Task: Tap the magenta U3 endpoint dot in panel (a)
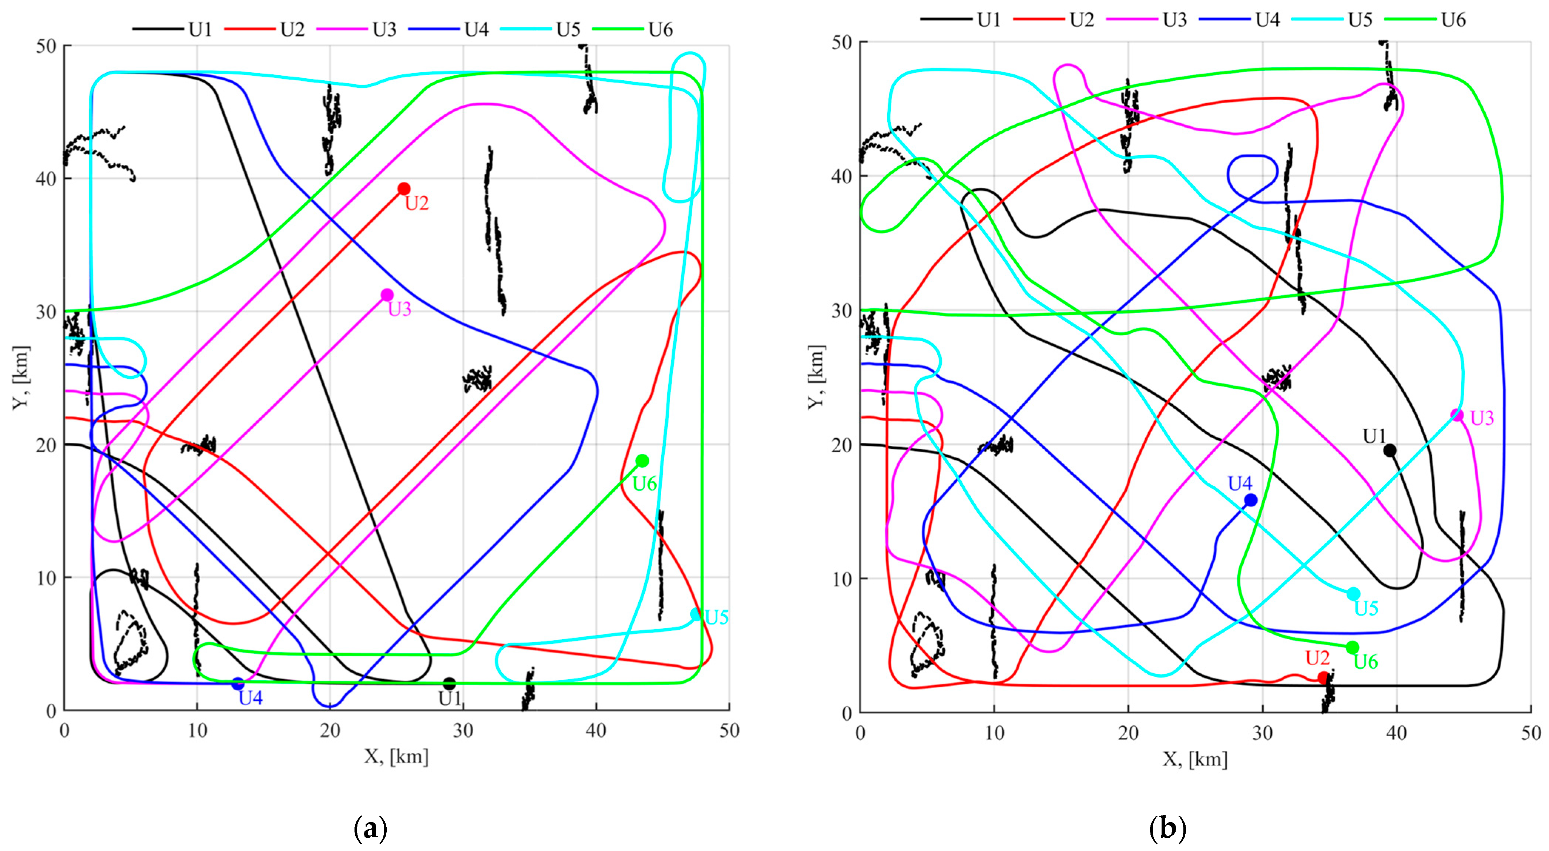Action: (387, 295)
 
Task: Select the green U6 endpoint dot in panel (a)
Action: (642, 461)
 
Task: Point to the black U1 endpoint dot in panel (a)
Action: (449, 683)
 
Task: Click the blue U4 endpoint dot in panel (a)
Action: (238, 683)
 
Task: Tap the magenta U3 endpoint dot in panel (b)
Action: (1457, 415)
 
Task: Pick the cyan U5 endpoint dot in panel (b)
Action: (1353, 594)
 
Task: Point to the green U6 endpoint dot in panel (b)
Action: (1353, 647)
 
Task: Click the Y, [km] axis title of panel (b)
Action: (816, 377)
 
